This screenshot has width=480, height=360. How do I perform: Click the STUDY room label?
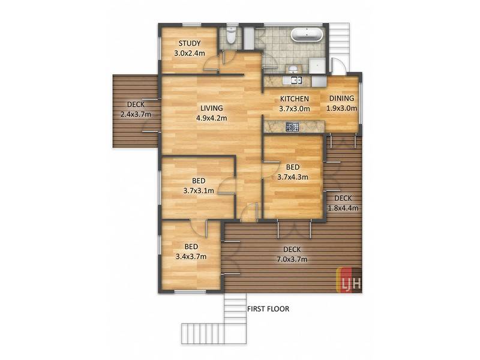click(x=190, y=43)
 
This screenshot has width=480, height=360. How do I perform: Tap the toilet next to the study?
click(x=231, y=35)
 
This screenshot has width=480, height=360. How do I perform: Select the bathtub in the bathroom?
click(x=307, y=35)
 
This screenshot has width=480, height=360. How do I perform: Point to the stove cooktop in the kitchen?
click(x=292, y=127)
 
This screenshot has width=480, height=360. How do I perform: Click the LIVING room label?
click(x=212, y=108)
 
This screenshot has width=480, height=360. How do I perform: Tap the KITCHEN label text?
click(x=295, y=99)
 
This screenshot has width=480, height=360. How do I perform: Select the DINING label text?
click(x=341, y=98)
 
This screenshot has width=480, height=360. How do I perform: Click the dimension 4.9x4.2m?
click(x=212, y=118)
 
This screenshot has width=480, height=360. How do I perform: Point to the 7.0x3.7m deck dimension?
click(x=292, y=260)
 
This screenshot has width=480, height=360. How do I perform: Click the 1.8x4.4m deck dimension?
click(x=343, y=208)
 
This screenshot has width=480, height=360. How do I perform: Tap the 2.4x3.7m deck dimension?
click(x=136, y=115)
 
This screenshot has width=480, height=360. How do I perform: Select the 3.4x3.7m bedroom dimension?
click(x=191, y=257)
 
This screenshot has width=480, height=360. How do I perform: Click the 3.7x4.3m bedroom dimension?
click(x=293, y=177)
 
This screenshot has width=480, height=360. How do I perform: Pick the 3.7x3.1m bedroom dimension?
click(x=199, y=191)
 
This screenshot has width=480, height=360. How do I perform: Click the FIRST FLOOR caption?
click(x=268, y=309)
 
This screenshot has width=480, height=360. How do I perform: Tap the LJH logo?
click(x=349, y=280)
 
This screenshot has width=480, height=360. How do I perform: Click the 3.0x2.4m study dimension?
click(x=190, y=53)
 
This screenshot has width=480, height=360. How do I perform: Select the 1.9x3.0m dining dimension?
click(x=341, y=108)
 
